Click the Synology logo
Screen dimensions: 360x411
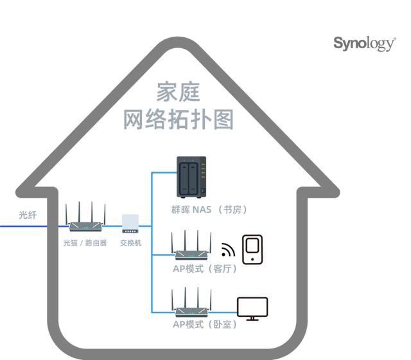pos(364,44)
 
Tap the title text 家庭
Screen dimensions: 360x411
pos(178,93)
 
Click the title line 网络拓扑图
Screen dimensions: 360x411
pos(178,120)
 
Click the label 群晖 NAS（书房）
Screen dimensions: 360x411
pos(209,210)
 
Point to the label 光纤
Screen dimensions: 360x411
pos(27,215)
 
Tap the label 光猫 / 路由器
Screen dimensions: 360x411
pos(85,244)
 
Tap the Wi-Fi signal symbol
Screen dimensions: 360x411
pos(228,250)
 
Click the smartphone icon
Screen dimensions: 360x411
pos(252,249)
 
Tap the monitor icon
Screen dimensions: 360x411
pos(252,308)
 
